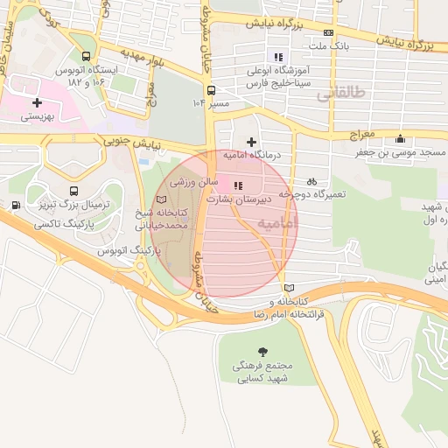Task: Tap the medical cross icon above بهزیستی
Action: (37, 102)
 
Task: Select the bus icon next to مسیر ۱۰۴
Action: (211, 89)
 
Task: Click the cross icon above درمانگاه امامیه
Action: (252, 141)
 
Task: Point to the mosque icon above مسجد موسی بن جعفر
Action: (401, 138)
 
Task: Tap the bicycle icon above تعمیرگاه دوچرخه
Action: (312, 181)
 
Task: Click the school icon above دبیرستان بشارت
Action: (237, 185)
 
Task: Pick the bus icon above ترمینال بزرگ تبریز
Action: (73, 191)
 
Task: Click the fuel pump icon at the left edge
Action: (16, 206)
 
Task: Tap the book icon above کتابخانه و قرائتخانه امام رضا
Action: (290, 288)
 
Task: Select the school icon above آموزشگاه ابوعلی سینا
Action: (278, 58)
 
